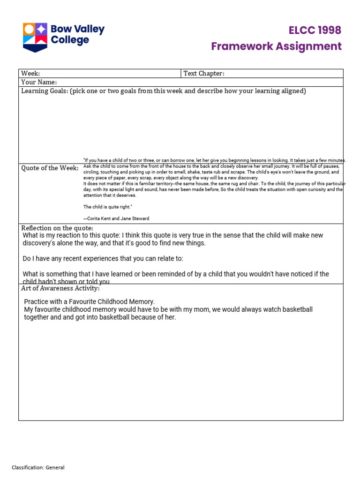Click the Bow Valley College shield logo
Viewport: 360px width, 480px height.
pos(35,37)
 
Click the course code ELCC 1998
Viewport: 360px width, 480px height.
pos(315,31)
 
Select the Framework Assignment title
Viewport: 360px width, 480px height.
pos(276,46)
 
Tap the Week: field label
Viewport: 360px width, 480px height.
pos(30,74)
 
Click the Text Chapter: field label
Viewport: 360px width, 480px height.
pos(204,74)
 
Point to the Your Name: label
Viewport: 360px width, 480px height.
pos(39,82)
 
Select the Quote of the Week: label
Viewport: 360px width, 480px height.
pos(50,168)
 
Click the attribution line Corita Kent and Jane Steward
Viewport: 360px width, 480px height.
pos(116,218)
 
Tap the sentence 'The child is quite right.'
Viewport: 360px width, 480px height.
pos(108,207)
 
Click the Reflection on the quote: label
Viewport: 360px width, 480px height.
pos(57,228)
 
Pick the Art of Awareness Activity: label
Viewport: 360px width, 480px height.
pos(60,288)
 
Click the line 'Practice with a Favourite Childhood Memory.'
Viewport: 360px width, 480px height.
pos(89,302)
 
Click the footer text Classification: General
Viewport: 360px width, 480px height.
pos(38,467)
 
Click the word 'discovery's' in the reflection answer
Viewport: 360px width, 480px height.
pos(41,243)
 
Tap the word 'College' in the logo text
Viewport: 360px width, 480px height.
pos(70,41)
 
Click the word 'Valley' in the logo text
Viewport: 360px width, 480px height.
pos(89,30)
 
